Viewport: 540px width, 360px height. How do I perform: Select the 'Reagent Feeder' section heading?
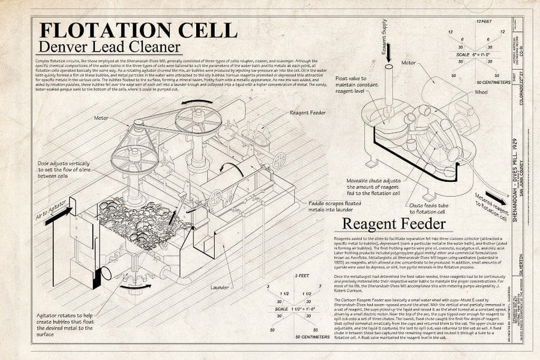(x=394, y=224)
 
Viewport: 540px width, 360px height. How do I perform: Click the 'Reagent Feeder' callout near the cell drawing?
(x=308, y=112)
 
